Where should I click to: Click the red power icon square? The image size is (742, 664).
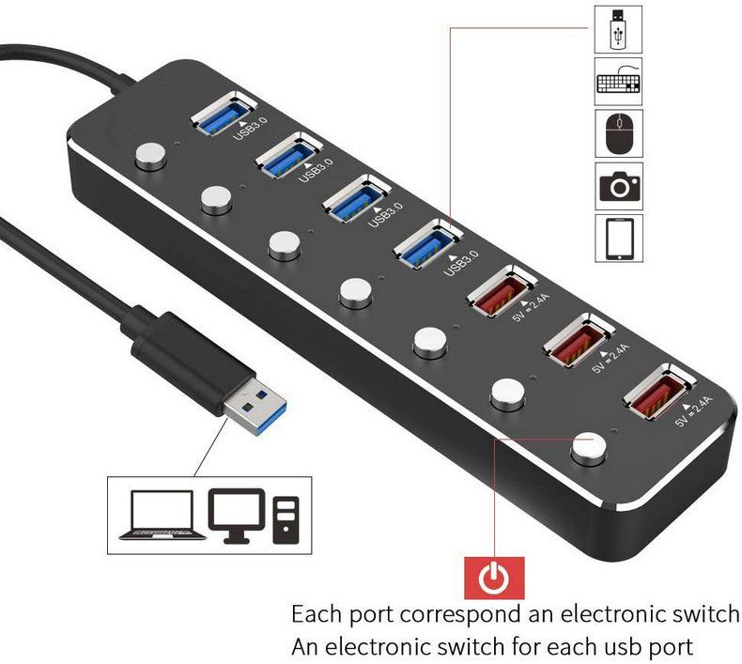coord(494,578)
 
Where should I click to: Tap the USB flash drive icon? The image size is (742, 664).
coord(618,29)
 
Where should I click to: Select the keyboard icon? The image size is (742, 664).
coord(619,81)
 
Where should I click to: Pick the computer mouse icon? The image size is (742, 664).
coord(619,133)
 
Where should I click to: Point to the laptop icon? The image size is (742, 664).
coord(162,515)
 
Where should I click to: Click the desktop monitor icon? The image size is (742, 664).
coord(237,516)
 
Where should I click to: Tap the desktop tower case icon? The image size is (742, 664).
coord(286,520)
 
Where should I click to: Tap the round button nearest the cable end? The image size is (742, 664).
coord(150,156)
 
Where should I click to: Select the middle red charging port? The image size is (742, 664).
coord(578,340)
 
